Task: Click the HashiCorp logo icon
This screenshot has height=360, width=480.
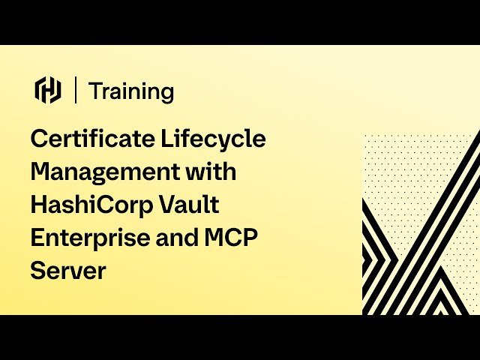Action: point(48,90)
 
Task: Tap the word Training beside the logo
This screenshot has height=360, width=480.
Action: point(131,91)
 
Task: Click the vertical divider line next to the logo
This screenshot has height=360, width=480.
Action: point(76,90)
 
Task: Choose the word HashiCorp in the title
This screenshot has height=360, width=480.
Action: point(89,204)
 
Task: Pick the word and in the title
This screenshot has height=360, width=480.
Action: point(175,237)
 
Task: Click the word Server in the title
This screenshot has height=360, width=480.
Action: point(68,270)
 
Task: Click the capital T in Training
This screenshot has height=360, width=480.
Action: point(95,91)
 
